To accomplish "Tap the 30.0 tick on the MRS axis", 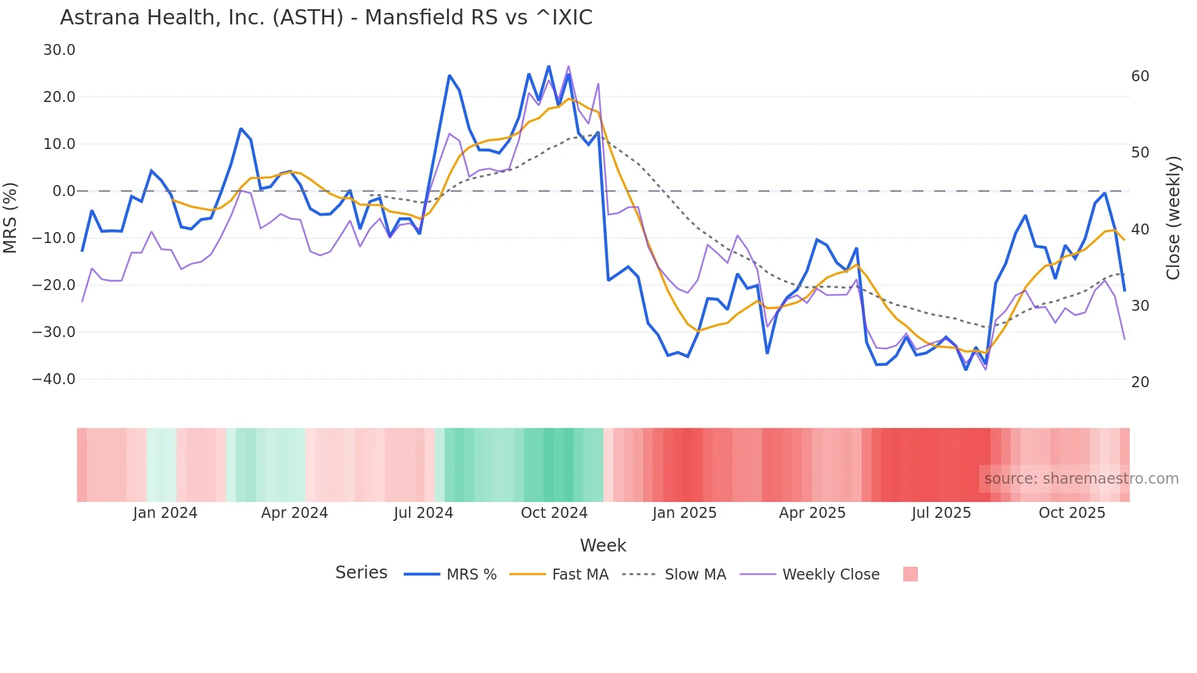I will pyautogui.click(x=59, y=50).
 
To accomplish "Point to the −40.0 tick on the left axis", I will pyautogui.click(x=54, y=379).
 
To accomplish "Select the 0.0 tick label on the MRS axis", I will pyautogui.click(x=64, y=191).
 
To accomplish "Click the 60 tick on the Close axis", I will pyautogui.click(x=1140, y=76).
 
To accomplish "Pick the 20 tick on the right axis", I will pyautogui.click(x=1140, y=382).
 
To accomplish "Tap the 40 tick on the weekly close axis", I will pyautogui.click(x=1140, y=230).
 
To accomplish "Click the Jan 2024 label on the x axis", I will pyautogui.click(x=165, y=513).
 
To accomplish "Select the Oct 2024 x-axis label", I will pyautogui.click(x=554, y=513).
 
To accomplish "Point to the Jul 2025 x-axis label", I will pyautogui.click(x=941, y=513).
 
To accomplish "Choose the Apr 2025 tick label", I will pyautogui.click(x=812, y=513).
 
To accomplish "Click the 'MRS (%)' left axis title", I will pyautogui.click(x=10, y=218).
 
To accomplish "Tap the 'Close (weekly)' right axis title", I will pyautogui.click(x=1173, y=218).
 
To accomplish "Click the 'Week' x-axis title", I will pyautogui.click(x=603, y=545).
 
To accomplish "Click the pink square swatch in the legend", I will pyautogui.click(x=910, y=575).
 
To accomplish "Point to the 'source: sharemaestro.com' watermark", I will pyautogui.click(x=1081, y=479).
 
